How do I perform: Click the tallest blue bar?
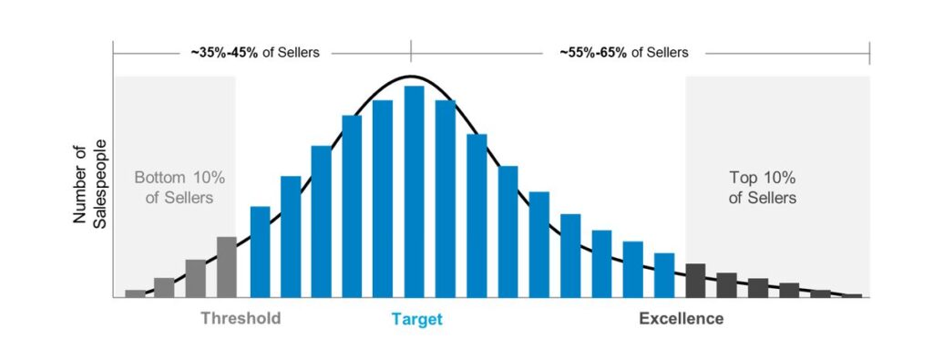click(414, 191)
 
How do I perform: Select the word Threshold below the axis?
click(241, 319)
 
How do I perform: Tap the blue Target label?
click(416, 319)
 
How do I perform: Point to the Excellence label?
click(682, 319)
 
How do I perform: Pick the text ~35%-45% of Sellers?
click(255, 52)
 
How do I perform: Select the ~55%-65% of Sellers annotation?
click(624, 52)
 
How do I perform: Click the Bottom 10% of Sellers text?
click(174, 188)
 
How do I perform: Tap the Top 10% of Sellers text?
click(763, 188)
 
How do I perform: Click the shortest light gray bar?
click(135, 293)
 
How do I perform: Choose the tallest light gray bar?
click(227, 267)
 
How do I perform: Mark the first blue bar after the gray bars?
click(260, 252)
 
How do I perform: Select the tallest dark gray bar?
click(695, 280)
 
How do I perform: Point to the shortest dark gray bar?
click(852, 295)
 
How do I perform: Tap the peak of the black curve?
click(411, 77)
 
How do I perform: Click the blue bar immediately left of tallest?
click(383, 199)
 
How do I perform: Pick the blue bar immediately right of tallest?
click(446, 199)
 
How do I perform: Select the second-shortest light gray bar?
click(164, 287)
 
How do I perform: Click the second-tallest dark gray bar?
click(726, 284)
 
